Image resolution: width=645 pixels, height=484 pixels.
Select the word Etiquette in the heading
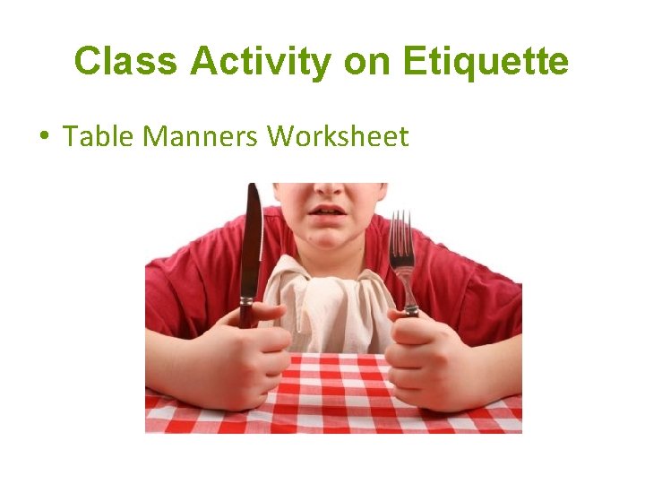[x=486, y=62]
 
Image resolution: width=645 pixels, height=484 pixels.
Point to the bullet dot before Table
[x=43, y=136]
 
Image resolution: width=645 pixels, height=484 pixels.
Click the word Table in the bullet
[x=99, y=136]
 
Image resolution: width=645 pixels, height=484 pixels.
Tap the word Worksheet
[x=338, y=136]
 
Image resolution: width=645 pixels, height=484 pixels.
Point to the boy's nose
[x=329, y=188]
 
